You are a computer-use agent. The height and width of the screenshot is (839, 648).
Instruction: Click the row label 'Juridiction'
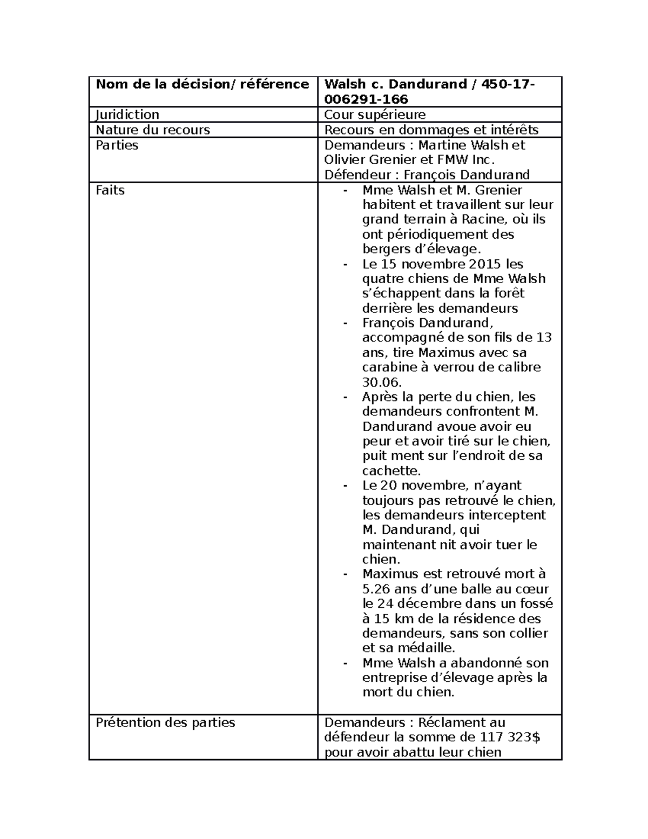coord(127,115)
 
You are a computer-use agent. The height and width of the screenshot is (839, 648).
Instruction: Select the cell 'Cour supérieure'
coord(374,115)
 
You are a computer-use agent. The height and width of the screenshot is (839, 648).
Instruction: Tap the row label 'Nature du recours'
coord(152,130)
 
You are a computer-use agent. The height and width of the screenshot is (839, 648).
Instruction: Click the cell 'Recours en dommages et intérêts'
coord(431,130)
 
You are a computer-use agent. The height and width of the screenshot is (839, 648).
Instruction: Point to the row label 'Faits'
coord(110,190)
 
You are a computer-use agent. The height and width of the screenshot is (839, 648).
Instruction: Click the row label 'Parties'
coord(117,145)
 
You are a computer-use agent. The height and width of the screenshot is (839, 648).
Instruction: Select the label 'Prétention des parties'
coord(165,722)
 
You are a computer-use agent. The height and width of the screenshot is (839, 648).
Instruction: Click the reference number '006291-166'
coord(366,99)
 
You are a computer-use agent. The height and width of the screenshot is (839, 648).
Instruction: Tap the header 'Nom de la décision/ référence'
coord(202,84)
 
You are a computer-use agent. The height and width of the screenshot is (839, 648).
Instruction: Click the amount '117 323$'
coord(509,737)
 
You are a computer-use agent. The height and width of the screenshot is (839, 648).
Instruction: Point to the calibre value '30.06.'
coord(381,382)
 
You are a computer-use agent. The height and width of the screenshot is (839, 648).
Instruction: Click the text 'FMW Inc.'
coord(470,160)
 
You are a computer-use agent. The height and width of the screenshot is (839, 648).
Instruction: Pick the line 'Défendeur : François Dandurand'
coord(426,174)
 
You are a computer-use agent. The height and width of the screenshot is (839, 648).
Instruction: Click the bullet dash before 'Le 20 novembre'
coord(345,486)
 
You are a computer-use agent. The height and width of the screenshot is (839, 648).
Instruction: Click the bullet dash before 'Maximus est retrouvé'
coord(345,574)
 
